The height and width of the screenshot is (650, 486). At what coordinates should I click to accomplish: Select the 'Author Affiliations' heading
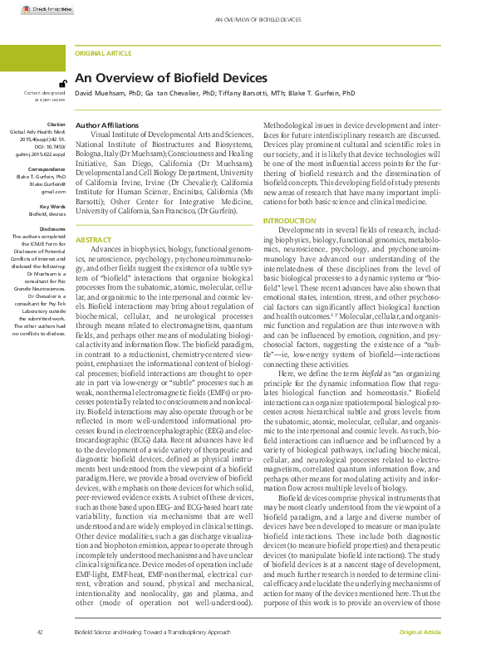point(103,125)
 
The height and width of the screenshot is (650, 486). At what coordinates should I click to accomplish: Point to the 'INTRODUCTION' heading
point(289,222)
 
